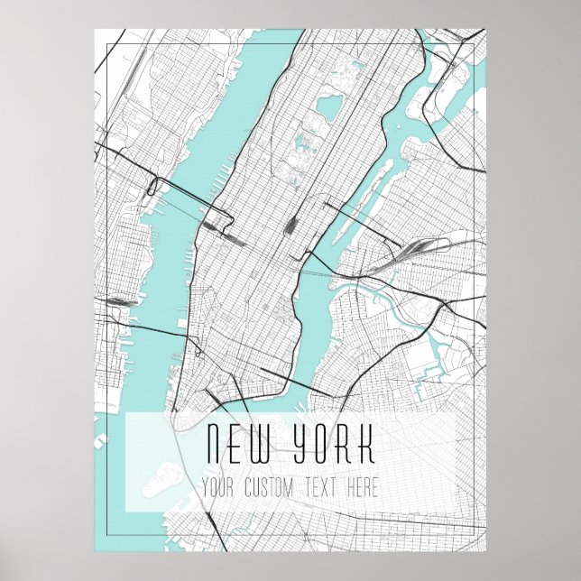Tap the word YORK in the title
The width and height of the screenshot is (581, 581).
pyautogui.click(x=334, y=444)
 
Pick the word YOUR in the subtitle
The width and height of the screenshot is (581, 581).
pyautogui.click(x=220, y=488)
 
